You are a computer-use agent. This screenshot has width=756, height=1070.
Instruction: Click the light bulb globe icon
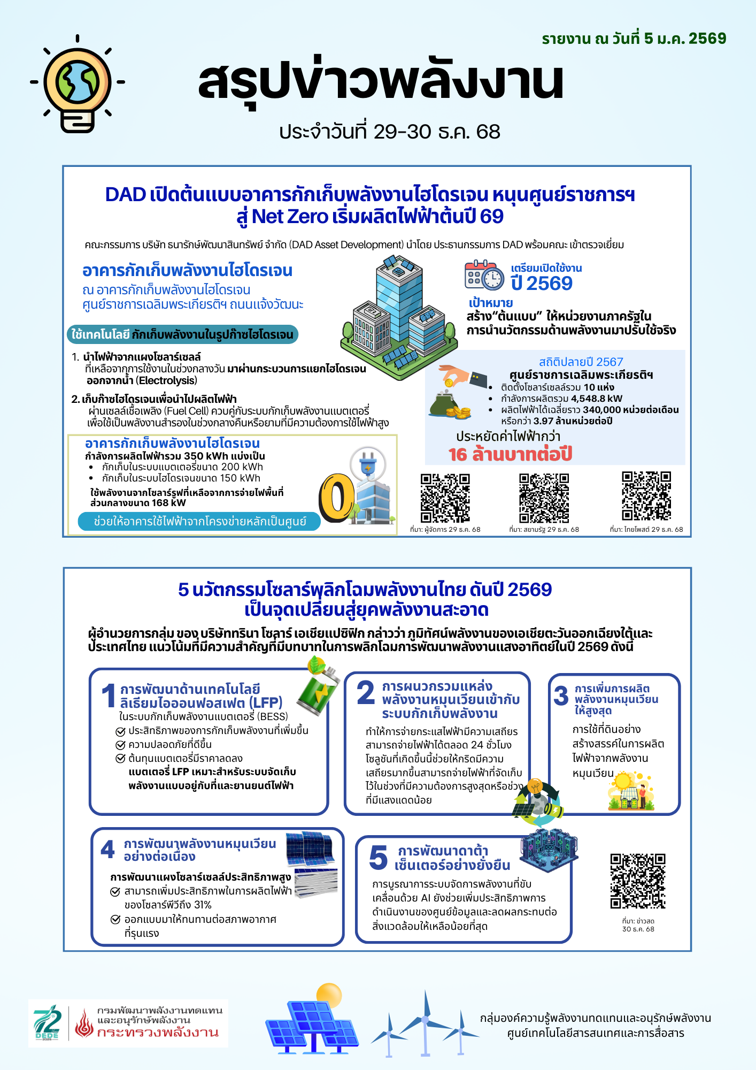(x=78, y=85)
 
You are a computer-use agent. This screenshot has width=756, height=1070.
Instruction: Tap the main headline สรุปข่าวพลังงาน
(x=381, y=81)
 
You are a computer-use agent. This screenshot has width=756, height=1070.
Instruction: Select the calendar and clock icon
(x=484, y=275)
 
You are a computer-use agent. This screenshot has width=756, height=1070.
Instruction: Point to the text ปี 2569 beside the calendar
(x=541, y=283)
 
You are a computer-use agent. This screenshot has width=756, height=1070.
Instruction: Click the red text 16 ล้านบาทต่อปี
(x=510, y=454)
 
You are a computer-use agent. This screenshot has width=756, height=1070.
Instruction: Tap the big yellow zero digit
(x=336, y=498)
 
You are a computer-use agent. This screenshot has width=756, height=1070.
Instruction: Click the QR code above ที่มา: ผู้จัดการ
(x=445, y=498)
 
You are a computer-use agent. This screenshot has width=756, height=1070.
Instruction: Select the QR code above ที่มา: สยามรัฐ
(x=544, y=498)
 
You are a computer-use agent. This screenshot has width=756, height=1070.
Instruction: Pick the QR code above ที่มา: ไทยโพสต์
(x=646, y=496)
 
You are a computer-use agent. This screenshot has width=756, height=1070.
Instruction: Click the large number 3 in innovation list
(x=561, y=696)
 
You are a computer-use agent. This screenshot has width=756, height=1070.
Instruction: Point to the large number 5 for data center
(x=378, y=858)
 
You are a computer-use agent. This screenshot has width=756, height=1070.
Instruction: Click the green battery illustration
(x=318, y=687)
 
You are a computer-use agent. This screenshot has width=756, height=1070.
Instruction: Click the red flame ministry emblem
(x=84, y=1023)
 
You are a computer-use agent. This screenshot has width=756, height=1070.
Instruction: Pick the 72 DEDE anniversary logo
(x=48, y=1022)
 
